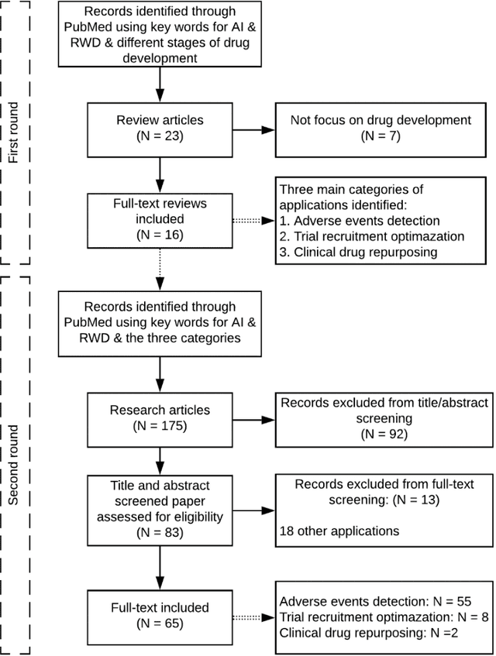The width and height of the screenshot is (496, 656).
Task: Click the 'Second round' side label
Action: [x=13, y=465]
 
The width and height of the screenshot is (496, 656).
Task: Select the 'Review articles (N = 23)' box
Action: [x=159, y=128]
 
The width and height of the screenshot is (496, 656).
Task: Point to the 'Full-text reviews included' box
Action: [x=159, y=216]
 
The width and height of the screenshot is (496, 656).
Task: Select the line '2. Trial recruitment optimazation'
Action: [x=371, y=236]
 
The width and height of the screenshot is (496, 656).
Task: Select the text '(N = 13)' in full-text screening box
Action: [x=415, y=500]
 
